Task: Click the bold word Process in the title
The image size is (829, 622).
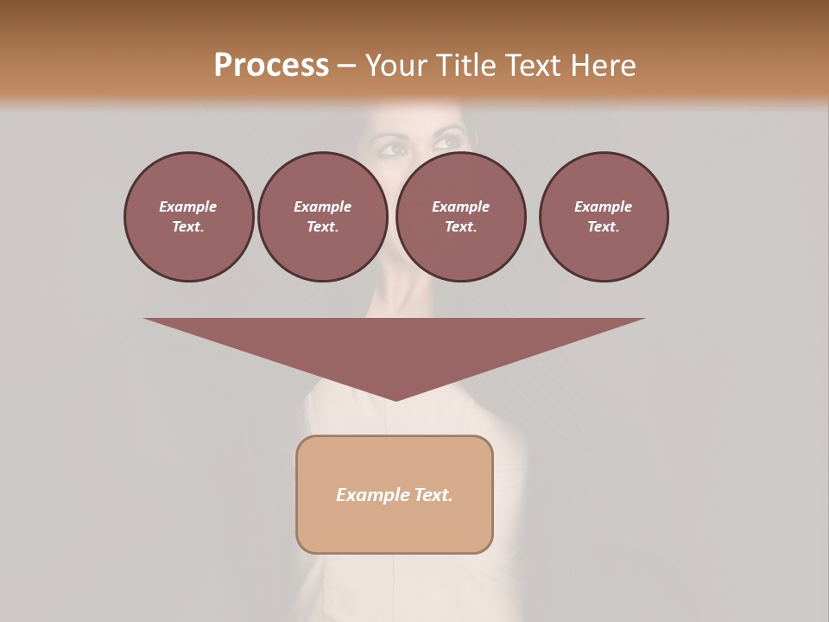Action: (271, 66)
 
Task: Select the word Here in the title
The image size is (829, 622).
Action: (601, 66)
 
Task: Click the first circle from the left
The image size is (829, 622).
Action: (188, 217)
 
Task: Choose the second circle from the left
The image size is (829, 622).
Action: (322, 217)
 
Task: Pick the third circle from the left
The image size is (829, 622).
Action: (460, 217)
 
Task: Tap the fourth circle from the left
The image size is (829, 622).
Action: (604, 217)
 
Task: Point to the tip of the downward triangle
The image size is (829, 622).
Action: (396, 399)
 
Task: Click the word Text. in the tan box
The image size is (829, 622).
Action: (433, 495)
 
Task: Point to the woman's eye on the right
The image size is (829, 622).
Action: (449, 140)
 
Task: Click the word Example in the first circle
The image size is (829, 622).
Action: (188, 206)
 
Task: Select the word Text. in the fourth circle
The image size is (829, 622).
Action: (604, 227)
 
